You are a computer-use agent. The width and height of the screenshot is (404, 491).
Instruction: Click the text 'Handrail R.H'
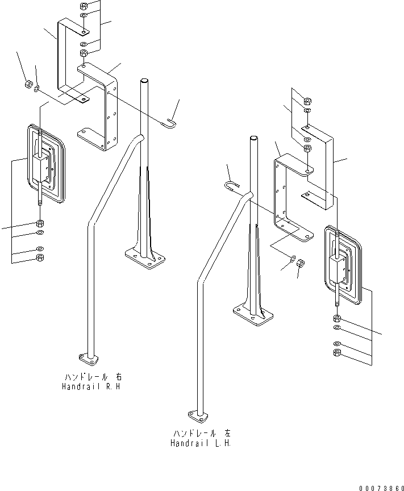coord(92,386)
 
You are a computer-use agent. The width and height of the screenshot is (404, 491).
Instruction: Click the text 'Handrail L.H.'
coord(200,443)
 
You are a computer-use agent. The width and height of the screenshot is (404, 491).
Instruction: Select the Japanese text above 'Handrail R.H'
coord(92,377)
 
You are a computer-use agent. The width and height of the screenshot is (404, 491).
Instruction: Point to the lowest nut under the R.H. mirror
coord(40,258)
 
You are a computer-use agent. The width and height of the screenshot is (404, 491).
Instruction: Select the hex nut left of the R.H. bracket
coord(27,85)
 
